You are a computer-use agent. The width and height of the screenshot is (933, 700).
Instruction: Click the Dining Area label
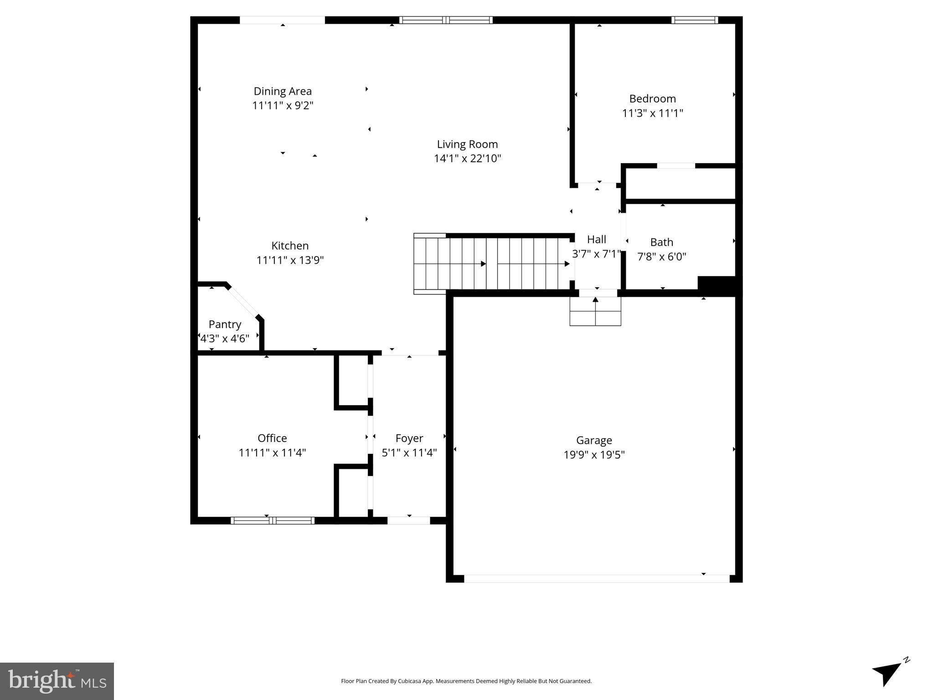pos(283,91)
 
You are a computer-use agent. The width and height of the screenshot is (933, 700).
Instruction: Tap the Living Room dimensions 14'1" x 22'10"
pos(467,159)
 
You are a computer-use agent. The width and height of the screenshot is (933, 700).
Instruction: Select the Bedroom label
pos(652,98)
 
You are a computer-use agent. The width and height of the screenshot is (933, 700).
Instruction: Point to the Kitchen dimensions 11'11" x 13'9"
pos(290,260)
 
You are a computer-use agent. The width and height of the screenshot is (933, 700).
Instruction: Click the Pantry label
pos(225,324)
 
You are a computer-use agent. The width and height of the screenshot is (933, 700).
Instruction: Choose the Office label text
pos(272,438)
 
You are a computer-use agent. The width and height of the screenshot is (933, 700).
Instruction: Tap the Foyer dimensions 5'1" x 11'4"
pos(409,453)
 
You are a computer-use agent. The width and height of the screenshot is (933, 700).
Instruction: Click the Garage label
pos(594,440)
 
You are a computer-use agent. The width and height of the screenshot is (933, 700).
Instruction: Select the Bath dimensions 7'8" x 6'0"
pos(661,257)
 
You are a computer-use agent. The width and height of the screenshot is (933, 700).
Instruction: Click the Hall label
pos(596,239)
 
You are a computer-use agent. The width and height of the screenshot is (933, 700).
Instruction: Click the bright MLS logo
pos(57,681)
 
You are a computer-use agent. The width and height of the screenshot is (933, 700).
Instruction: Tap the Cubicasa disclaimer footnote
pos(466,681)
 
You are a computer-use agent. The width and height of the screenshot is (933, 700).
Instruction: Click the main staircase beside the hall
pos(492,263)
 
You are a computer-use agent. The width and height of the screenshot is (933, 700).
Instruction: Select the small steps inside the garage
pos(595,311)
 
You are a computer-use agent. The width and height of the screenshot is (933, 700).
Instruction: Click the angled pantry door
pos(243,301)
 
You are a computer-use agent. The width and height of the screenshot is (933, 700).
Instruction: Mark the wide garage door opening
pos(596,578)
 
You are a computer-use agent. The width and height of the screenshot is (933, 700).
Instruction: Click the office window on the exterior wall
pos(272,520)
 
